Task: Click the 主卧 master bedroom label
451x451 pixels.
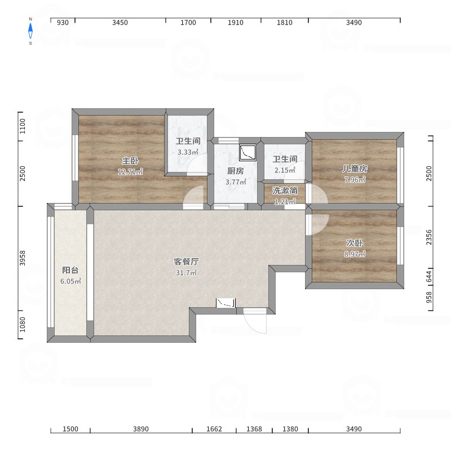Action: click(130, 161)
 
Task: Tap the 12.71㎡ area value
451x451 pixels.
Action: click(130, 172)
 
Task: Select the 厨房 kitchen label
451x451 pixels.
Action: click(235, 171)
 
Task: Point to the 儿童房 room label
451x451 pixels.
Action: click(355, 169)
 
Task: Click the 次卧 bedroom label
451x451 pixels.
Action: click(355, 243)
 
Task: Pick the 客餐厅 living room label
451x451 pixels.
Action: click(186, 262)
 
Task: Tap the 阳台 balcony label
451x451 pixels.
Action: click(70, 270)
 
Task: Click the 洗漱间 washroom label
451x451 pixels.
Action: click(285, 191)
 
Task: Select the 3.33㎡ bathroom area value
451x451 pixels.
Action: click(188, 152)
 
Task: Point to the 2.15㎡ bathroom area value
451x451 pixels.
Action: click(285, 170)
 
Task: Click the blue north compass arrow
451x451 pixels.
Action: click(30, 31)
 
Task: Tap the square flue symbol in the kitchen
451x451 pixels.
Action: click(247, 152)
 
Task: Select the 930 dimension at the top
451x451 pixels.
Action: click(63, 23)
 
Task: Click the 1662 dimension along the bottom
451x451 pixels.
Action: click(214, 429)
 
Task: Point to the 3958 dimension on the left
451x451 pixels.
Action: click(23, 258)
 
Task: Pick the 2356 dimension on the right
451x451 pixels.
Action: click(429, 237)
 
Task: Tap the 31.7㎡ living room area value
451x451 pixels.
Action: click(186, 272)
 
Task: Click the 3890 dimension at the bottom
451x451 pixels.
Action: click(141, 429)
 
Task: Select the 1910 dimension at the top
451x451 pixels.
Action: click(236, 23)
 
